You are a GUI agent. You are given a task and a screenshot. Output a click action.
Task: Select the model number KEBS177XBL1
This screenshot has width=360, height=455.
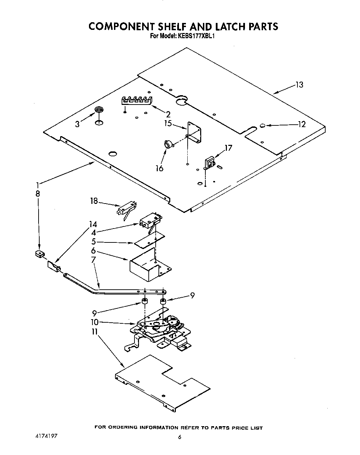coord(197,35)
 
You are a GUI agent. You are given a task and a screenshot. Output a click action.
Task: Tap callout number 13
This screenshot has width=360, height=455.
coord(299,84)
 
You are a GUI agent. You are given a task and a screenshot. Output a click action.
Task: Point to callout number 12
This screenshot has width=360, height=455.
coord(301,124)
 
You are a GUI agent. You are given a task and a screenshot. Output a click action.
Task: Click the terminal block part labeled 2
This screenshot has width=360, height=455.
coord(137,100)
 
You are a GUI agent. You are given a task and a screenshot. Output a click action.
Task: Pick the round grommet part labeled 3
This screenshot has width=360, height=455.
coord(99,111)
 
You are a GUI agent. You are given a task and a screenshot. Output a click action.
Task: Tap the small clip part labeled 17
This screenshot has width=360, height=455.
coord(210,163)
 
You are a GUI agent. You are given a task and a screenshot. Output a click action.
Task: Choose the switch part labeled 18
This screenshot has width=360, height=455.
coord(126,210)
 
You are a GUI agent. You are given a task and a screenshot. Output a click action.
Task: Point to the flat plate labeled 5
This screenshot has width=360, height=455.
coord(149,240)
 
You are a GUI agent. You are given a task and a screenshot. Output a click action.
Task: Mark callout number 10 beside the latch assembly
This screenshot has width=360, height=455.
coord(94,322)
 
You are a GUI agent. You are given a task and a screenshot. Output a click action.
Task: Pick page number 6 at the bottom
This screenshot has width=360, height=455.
coord(180,437)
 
